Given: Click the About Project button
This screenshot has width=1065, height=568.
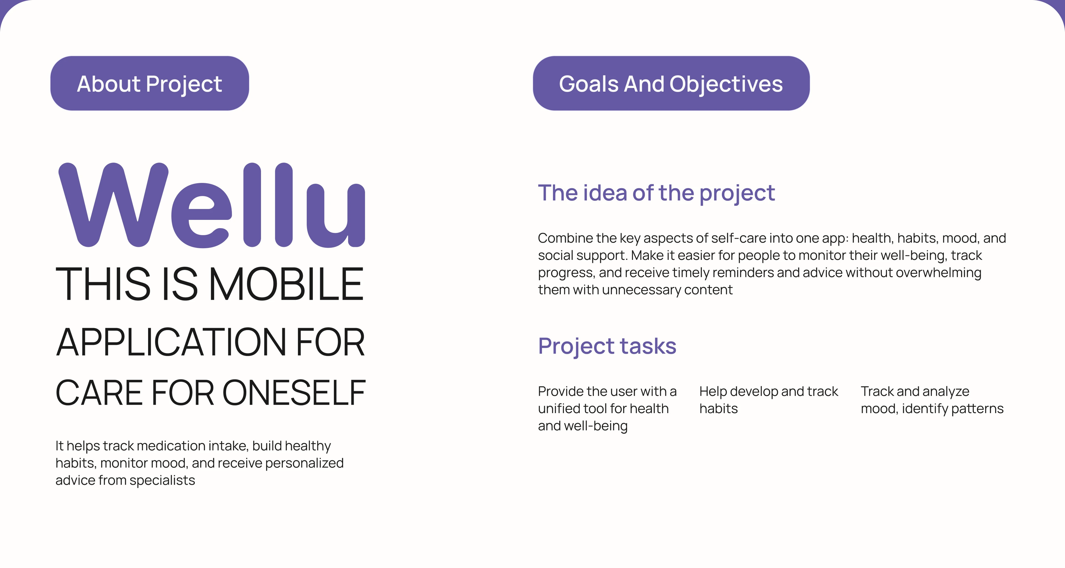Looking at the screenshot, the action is (150, 83).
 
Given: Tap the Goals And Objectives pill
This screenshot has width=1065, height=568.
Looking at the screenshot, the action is (671, 83).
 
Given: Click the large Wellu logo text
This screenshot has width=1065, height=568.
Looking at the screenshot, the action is (212, 205).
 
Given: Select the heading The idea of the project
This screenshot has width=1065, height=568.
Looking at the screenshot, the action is (656, 193).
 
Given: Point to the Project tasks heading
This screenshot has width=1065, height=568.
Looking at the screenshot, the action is (607, 346).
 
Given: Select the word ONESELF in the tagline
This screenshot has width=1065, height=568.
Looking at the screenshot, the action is (294, 392).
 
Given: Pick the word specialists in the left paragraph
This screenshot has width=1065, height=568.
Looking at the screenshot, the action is (162, 480).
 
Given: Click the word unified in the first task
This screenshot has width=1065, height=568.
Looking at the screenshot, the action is (559, 408).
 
